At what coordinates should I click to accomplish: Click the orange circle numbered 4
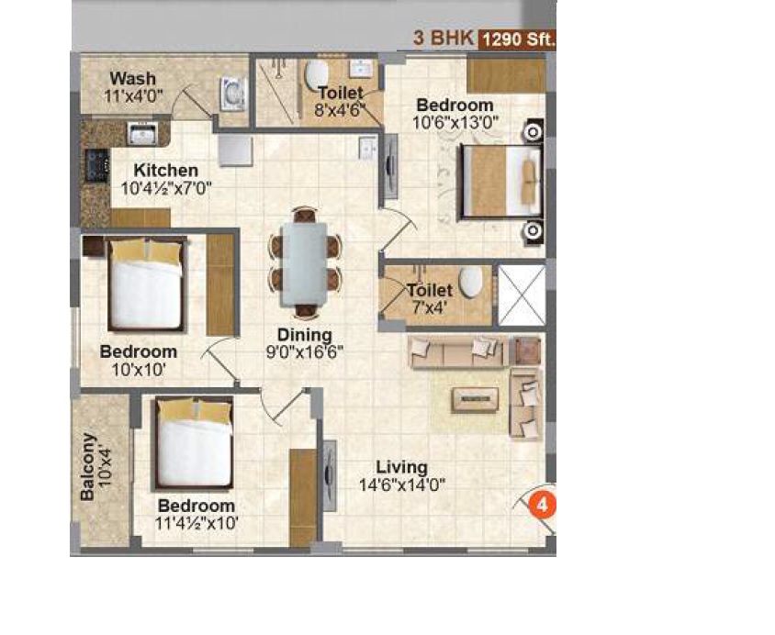click(543, 504)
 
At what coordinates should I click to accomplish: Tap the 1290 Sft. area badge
click(517, 39)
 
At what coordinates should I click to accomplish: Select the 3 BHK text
click(442, 39)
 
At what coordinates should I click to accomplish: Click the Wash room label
click(133, 78)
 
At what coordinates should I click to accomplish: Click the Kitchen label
click(165, 170)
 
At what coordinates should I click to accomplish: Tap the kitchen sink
click(142, 135)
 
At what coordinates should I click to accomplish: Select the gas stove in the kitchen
click(95, 164)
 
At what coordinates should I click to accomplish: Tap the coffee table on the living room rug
click(474, 398)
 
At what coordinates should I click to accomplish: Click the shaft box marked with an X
click(521, 295)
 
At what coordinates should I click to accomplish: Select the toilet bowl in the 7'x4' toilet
click(471, 282)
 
